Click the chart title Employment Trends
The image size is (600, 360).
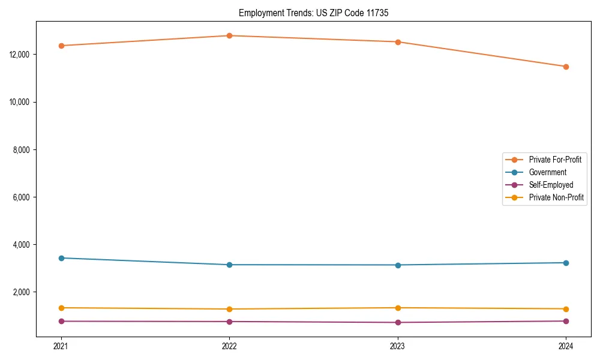coord(313,13)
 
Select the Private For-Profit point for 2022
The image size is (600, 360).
coord(229,35)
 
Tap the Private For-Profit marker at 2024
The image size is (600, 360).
coord(566,67)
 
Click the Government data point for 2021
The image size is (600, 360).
coord(61,258)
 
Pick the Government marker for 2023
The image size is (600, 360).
coord(398,265)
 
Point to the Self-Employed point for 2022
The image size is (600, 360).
coord(229,322)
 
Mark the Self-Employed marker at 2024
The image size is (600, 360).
coord(566,321)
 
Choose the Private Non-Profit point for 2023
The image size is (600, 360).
coord(398,308)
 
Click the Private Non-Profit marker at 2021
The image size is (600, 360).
coord(61,308)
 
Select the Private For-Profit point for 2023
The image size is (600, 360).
coord(398,42)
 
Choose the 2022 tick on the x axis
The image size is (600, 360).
coord(229,346)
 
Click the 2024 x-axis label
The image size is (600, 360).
coord(566,346)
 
